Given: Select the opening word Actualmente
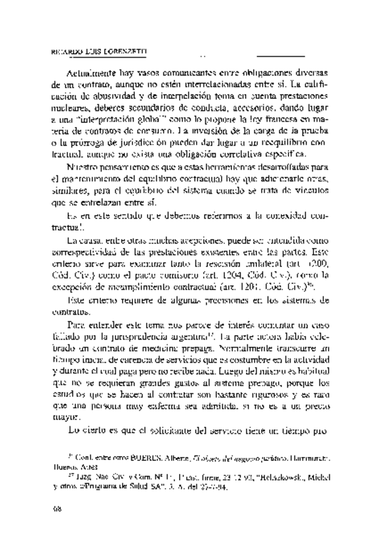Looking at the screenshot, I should (x=94, y=73).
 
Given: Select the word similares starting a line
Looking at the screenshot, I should (x=67, y=190).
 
